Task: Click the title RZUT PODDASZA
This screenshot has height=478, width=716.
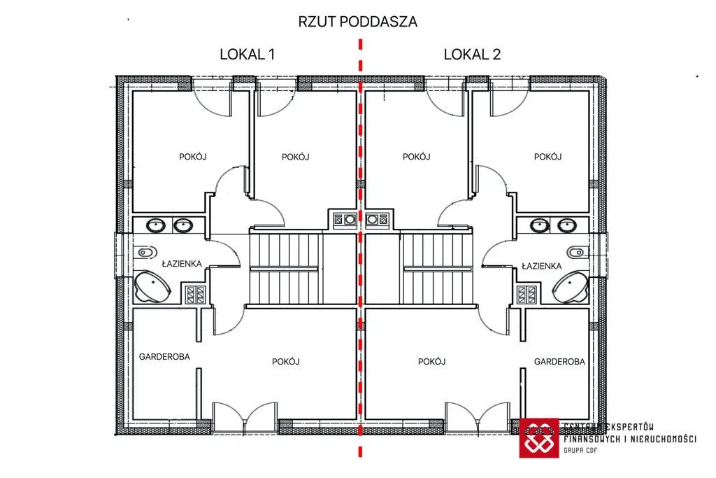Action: click(x=357, y=22)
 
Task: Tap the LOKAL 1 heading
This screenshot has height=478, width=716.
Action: click(x=247, y=55)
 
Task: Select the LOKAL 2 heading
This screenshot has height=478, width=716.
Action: click(x=472, y=55)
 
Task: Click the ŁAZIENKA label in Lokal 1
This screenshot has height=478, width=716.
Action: click(x=182, y=264)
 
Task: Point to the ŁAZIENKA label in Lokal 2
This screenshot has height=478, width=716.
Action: click(x=542, y=266)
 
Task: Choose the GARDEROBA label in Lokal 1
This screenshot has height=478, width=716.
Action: click(x=164, y=357)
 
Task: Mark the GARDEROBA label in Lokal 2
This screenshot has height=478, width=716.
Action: click(x=559, y=361)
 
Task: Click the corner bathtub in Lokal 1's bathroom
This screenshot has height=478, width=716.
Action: click(x=152, y=287)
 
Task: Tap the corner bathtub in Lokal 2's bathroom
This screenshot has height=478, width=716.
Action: click(x=570, y=287)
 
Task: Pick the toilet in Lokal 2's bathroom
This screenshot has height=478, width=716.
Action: click(x=578, y=252)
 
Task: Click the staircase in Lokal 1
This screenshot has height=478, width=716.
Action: click(x=285, y=269)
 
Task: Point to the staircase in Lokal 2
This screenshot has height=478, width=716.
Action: click(x=437, y=269)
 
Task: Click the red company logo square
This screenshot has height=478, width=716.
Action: click(x=539, y=438)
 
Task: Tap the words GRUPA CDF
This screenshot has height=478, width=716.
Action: click(x=580, y=450)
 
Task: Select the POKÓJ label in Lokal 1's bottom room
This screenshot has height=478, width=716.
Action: click(x=286, y=361)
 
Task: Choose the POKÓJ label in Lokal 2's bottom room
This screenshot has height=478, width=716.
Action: click(x=431, y=361)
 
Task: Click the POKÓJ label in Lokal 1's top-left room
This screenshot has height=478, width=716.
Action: click(x=193, y=157)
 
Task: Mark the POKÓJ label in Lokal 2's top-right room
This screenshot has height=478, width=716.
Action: click(x=548, y=157)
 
